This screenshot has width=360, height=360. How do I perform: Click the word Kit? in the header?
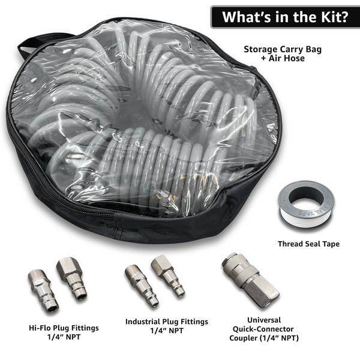[x=330, y=17]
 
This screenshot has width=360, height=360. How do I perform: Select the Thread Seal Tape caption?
[x=308, y=244]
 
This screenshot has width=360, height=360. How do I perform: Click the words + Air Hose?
[x=283, y=59]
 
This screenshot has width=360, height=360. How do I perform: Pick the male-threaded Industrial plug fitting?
[x=141, y=284]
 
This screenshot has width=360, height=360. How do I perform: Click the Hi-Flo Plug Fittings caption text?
[x=64, y=328]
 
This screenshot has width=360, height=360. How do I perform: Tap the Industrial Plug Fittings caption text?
[x=167, y=321]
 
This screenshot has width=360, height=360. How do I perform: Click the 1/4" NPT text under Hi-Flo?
[x=64, y=337]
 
